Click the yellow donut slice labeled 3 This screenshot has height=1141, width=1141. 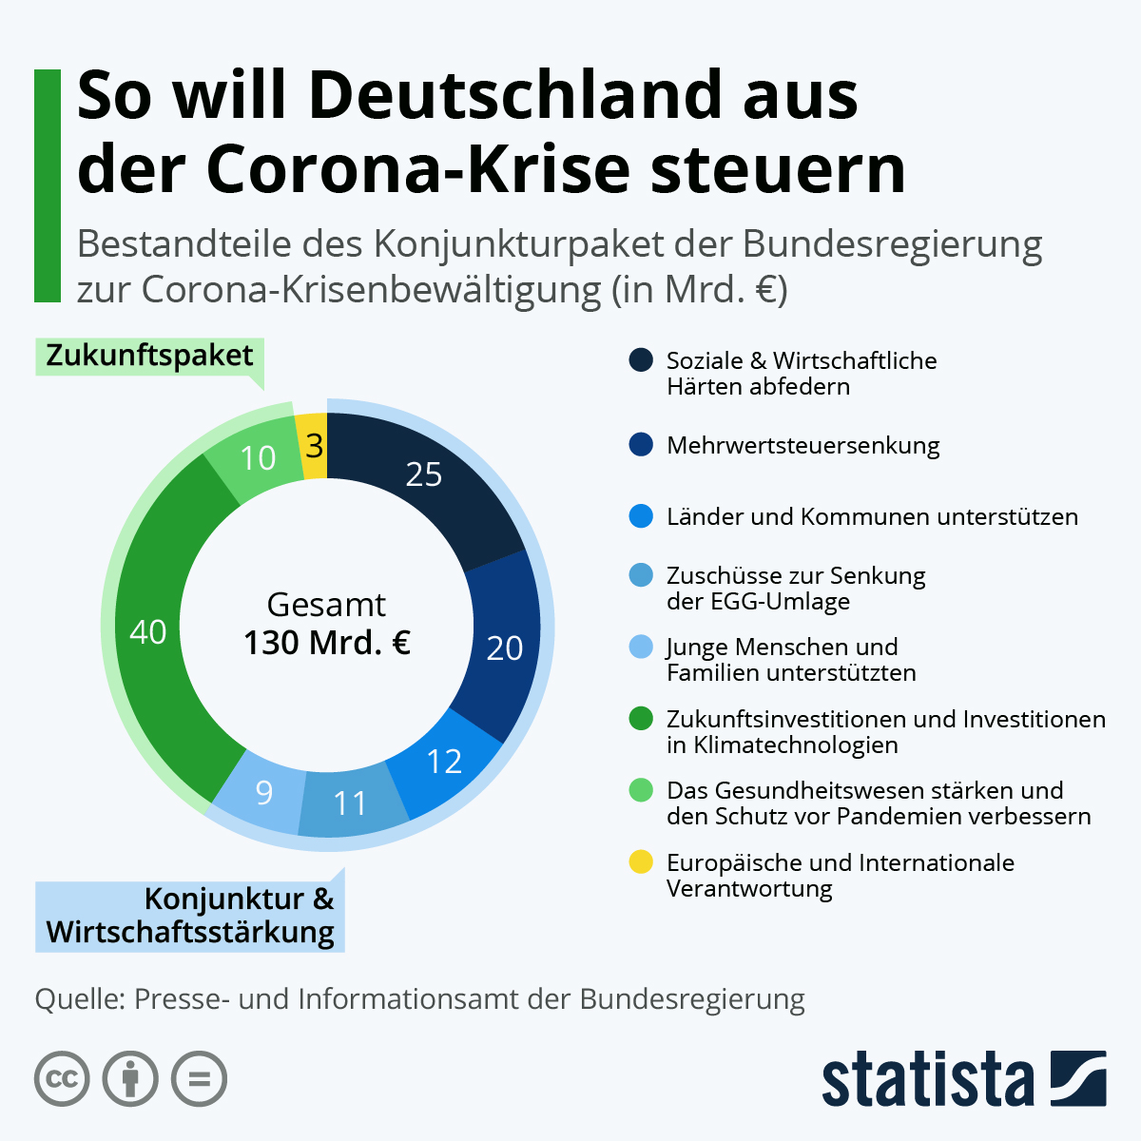(314, 445)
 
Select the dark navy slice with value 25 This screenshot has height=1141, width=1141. (423, 474)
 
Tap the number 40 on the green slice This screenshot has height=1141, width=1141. (148, 631)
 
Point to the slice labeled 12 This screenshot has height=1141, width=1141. (444, 762)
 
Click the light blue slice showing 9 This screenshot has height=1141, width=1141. (264, 792)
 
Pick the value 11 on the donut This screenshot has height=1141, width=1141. (350, 803)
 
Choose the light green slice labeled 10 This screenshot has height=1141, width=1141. (257, 458)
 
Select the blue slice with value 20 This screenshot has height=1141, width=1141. (504, 648)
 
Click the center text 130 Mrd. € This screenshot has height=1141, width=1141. (327, 643)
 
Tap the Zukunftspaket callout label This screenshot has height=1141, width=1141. (149, 356)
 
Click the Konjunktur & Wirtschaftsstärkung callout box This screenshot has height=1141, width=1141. (190, 916)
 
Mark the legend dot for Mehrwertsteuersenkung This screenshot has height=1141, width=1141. (641, 445)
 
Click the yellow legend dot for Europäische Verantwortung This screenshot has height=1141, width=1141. (641, 862)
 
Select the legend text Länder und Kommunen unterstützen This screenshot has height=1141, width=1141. (872, 516)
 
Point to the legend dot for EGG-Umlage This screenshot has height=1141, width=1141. (641, 575)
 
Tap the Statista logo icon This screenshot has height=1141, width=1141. (1078, 1078)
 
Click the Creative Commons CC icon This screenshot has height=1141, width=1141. (62, 1079)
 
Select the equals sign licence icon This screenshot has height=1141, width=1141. (199, 1079)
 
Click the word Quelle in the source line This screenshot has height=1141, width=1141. (78, 999)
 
